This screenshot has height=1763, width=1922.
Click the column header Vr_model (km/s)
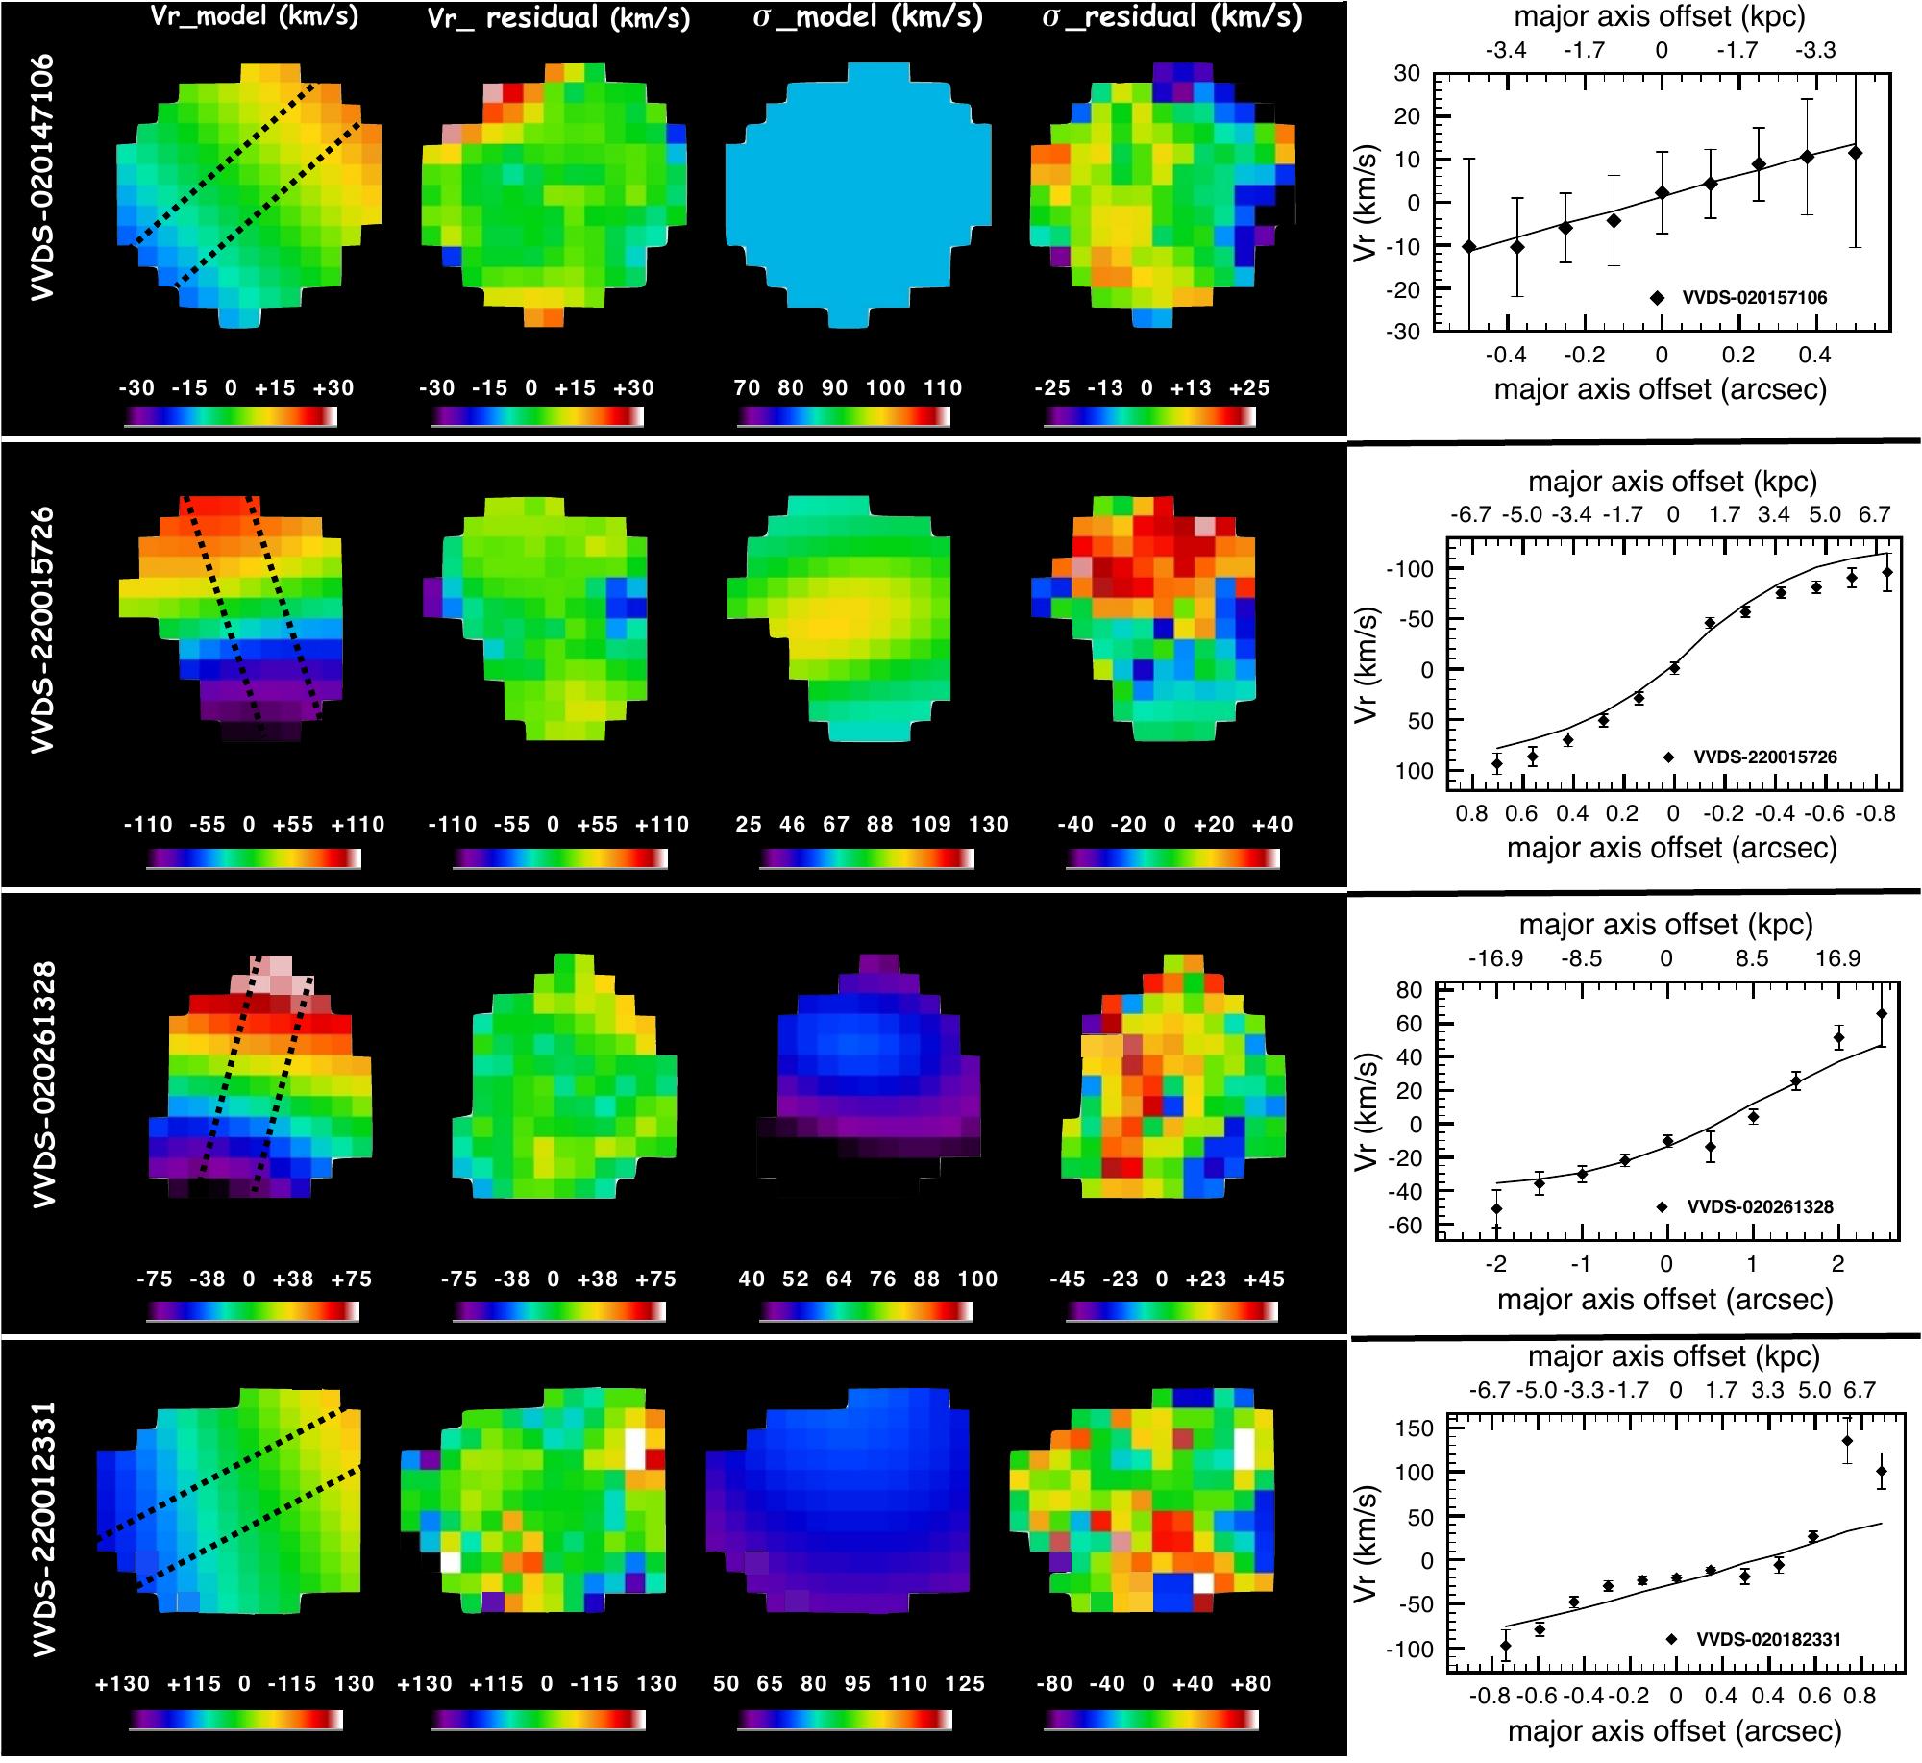[255, 18]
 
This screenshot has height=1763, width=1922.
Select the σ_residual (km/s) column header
[1172, 18]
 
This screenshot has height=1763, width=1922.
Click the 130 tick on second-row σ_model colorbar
[988, 824]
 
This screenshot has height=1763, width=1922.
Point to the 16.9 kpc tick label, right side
[1837, 958]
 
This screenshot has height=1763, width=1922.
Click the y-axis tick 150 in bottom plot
[1417, 1428]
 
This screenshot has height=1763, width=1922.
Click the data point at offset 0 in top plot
[1662, 192]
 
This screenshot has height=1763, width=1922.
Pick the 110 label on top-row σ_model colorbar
[943, 387]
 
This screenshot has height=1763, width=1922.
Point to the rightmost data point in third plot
[1881, 1013]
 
